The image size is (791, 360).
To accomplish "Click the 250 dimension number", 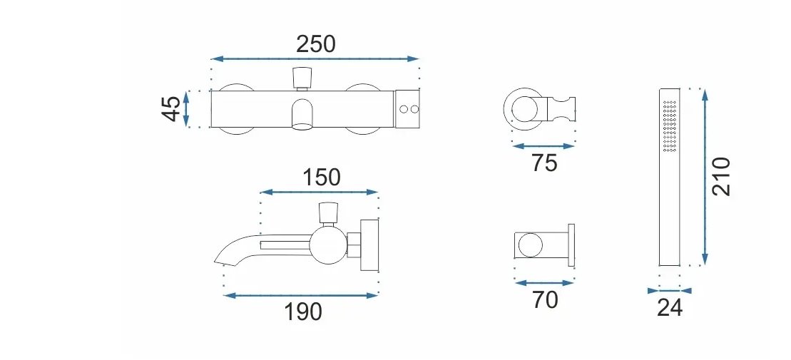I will [x=315, y=44].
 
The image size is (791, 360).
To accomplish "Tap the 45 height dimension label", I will [x=171, y=109].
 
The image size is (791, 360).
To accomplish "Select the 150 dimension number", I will [x=321, y=177].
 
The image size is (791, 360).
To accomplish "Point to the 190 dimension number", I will [x=302, y=312].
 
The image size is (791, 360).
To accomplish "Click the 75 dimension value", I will [x=544, y=163].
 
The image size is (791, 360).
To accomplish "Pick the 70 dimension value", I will [x=544, y=300].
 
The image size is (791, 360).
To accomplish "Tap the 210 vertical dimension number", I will [x=722, y=177].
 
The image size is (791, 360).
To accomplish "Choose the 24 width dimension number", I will [x=670, y=308].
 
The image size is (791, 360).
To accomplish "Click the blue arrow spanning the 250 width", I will [x=315, y=59].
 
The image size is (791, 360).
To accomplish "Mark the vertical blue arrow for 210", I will [x=705, y=177].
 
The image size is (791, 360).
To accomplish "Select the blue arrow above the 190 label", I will [x=301, y=295].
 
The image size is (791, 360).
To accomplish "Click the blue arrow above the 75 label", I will [x=544, y=146].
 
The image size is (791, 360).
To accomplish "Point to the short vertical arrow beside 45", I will [x=187, y=109].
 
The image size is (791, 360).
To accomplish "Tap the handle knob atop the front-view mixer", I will [x=302, y=76].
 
